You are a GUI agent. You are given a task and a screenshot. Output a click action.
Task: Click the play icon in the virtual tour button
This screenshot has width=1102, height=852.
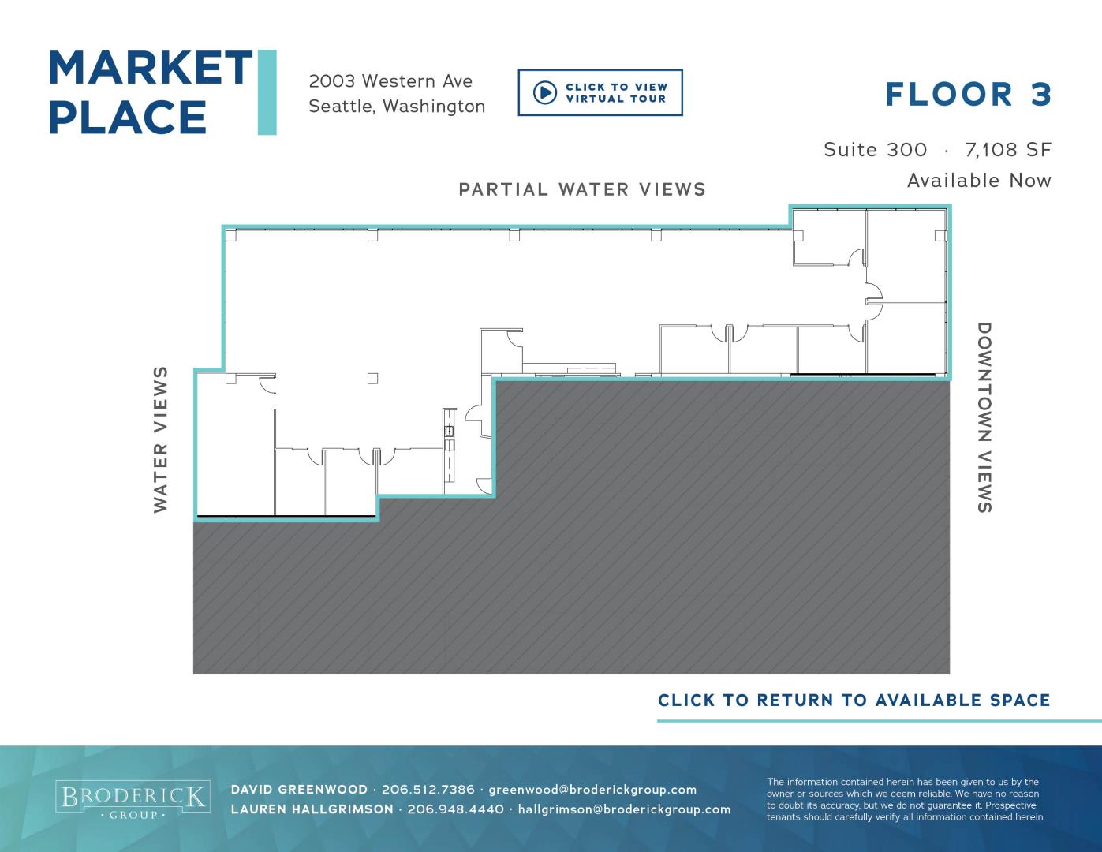545,93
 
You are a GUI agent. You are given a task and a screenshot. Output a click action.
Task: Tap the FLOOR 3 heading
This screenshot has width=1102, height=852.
968,95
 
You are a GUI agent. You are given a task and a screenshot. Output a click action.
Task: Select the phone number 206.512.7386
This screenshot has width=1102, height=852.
428,790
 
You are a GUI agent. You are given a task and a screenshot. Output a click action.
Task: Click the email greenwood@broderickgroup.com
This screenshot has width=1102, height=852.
592,790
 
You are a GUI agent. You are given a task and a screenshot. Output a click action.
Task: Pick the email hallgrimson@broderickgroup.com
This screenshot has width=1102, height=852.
624,809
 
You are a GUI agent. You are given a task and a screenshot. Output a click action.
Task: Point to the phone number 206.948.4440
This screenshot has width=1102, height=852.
456,809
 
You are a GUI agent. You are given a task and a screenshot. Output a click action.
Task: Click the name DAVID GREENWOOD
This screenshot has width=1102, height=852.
299,790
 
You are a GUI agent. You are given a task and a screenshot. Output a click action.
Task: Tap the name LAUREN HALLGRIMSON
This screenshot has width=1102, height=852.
312,809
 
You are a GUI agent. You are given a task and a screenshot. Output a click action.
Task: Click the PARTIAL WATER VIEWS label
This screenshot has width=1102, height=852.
582,189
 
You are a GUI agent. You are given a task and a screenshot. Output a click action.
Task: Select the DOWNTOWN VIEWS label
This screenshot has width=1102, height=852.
984,417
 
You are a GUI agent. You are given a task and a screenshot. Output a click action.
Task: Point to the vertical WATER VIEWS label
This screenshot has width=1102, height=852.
160,439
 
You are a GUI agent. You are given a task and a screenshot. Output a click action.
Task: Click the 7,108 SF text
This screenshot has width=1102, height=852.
1008,150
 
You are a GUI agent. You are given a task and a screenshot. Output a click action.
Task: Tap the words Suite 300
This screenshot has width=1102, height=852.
876,150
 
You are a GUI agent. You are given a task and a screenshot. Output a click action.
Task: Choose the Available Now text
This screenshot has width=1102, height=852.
979,181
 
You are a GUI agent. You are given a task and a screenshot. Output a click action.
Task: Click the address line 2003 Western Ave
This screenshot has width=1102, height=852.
390,81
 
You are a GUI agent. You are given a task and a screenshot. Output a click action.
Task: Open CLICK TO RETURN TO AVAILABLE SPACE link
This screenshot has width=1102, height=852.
854,701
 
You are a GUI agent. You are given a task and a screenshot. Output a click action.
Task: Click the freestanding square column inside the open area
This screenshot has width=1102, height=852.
373,379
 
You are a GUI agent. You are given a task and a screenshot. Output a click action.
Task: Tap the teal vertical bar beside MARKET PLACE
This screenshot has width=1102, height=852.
267,92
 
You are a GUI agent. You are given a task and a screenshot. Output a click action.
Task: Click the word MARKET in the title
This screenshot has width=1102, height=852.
151,68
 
